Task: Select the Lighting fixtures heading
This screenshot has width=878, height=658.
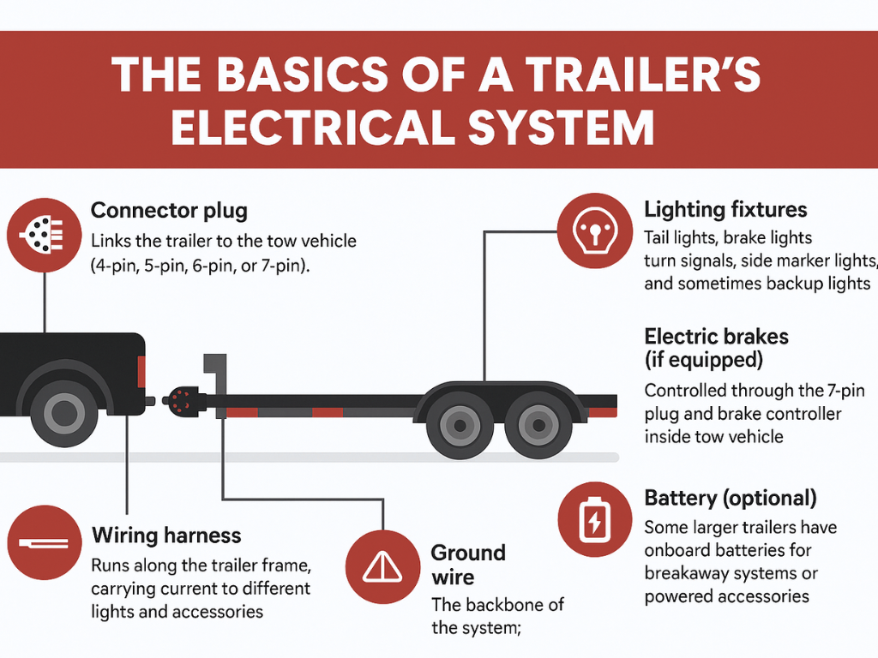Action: [x=725, y=210]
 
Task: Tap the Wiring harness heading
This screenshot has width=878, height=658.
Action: [x=166, y=536]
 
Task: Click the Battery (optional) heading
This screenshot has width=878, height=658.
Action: [x=730, y=498]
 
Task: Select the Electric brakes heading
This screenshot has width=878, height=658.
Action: [x=716, y=336]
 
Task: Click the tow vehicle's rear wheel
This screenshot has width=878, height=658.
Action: [x=65, y=415]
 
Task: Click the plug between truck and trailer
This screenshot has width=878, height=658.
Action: [x=179, y=399]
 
